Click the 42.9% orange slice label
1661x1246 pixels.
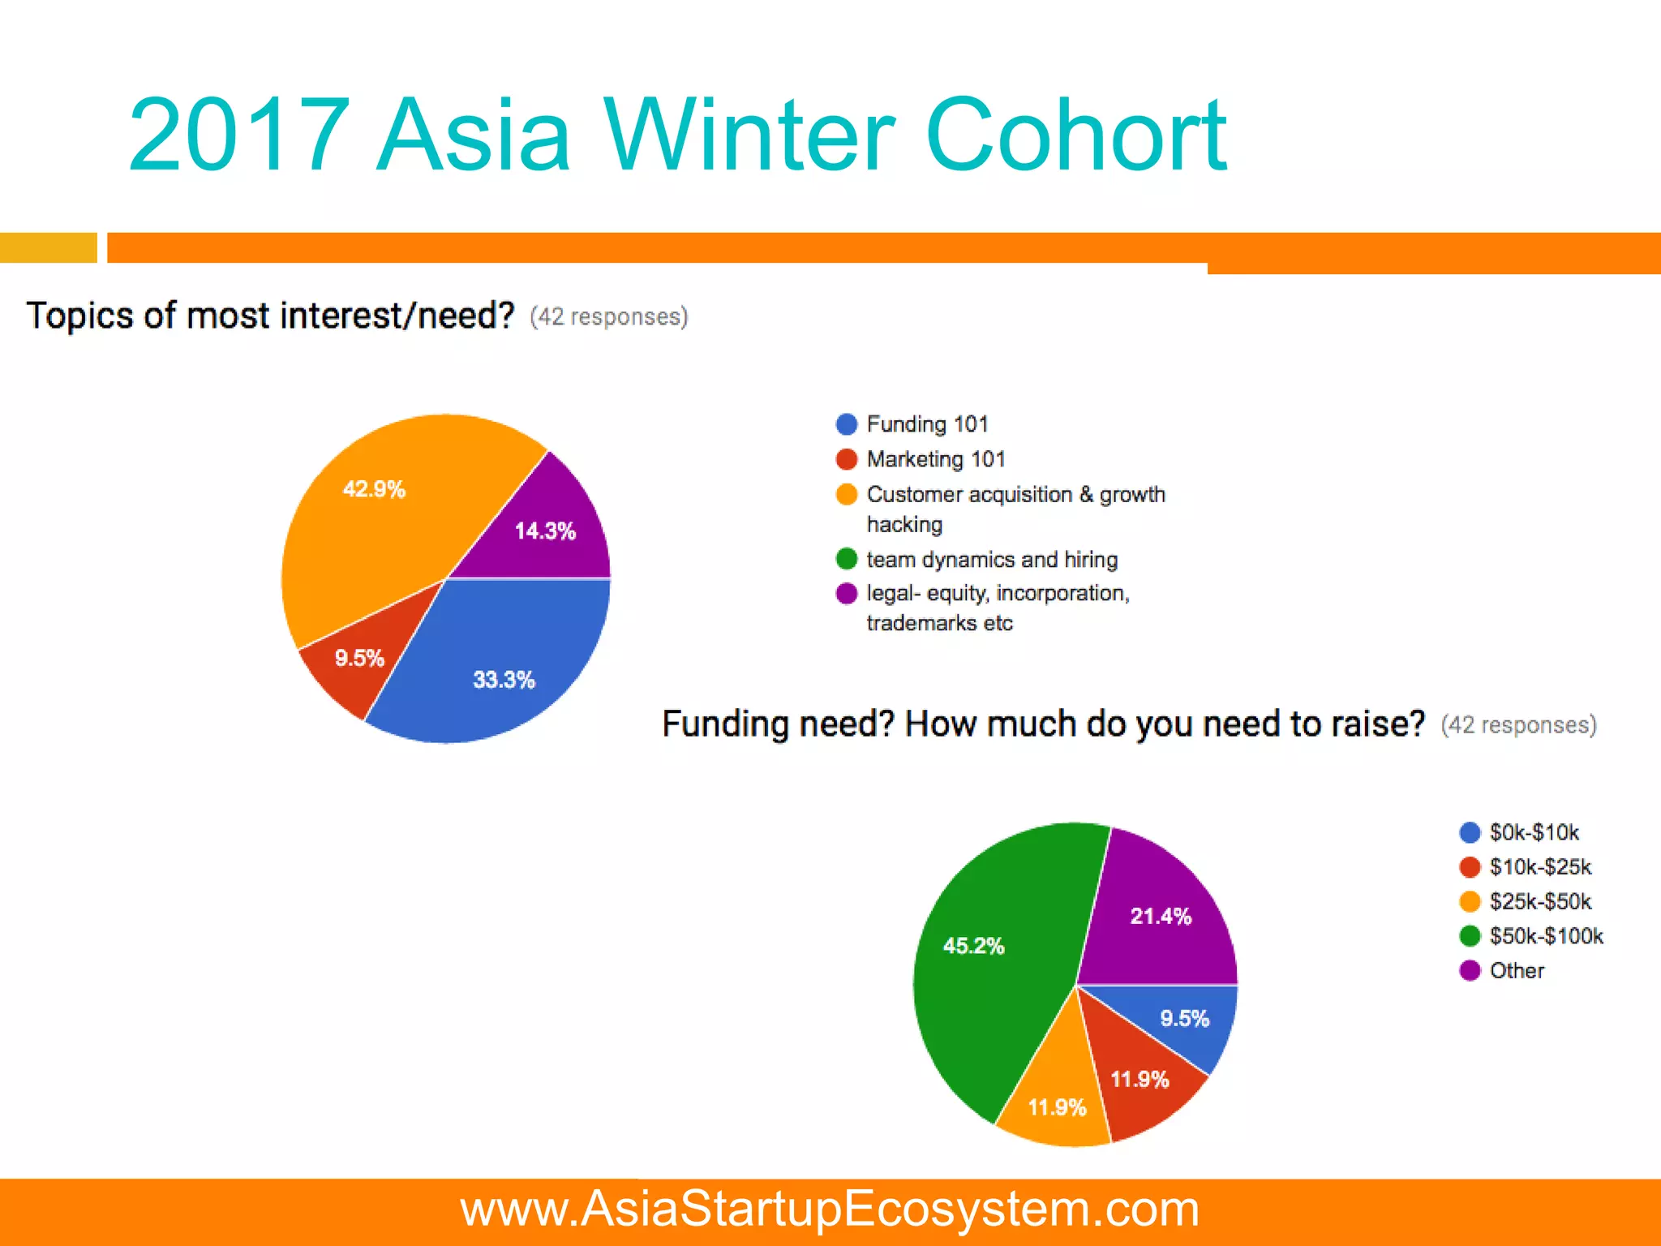374,489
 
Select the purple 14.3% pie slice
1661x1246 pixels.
545,531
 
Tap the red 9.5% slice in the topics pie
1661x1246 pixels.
358,658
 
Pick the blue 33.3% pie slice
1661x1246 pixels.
504,679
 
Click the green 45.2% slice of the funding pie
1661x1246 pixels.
973,946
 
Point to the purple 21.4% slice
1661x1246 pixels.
1161,917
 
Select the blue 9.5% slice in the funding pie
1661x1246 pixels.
1184,1019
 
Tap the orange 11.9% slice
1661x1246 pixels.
1056,1107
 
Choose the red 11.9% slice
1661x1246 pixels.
1140,1080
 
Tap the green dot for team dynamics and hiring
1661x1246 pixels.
847,559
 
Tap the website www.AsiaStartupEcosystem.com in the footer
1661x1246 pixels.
830,1209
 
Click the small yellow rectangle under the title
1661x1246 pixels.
48,247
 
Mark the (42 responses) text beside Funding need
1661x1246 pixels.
1518,724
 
